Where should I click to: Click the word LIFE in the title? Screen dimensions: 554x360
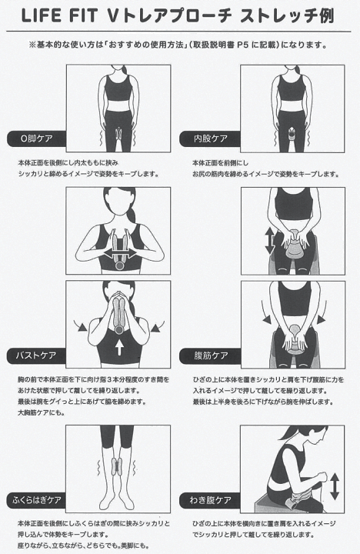coord(43,16)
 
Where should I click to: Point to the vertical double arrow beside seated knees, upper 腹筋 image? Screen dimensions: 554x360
coord(268,241)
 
